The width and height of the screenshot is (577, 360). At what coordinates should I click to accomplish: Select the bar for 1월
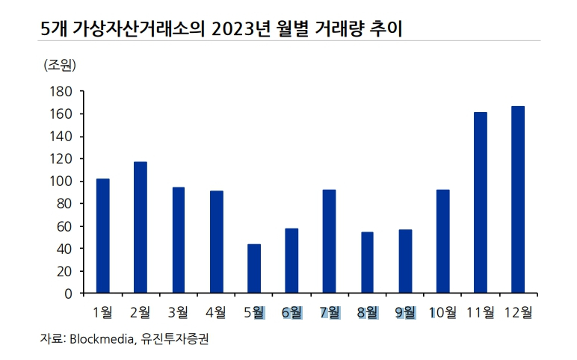point(103,236)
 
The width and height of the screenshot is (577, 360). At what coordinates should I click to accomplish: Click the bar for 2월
point(141,227)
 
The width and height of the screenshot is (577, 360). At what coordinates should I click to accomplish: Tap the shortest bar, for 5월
point(254,269)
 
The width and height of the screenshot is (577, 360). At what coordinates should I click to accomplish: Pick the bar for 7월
point(329,241)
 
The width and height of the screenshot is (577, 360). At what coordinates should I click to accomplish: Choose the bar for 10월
point(442,241)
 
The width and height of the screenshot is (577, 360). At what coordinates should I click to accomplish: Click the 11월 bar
point(481,202)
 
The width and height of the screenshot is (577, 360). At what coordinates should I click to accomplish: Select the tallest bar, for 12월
point(518,199)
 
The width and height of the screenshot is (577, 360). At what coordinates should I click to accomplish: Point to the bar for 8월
point(367,263)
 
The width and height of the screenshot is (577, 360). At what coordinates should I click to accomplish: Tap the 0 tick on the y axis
point(67,294)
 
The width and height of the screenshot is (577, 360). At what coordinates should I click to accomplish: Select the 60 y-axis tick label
point(64,226)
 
